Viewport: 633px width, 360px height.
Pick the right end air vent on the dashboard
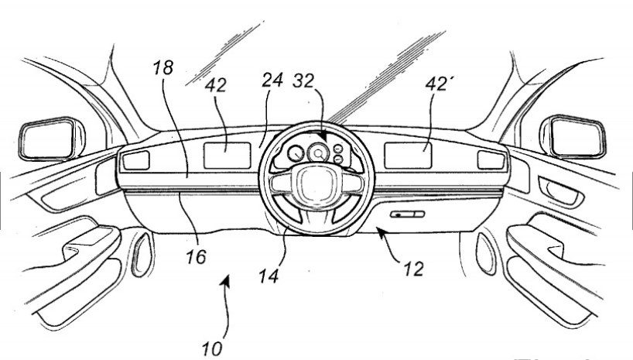click(x=490, y=159)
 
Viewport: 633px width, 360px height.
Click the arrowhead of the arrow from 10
click(x=227, y=284)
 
